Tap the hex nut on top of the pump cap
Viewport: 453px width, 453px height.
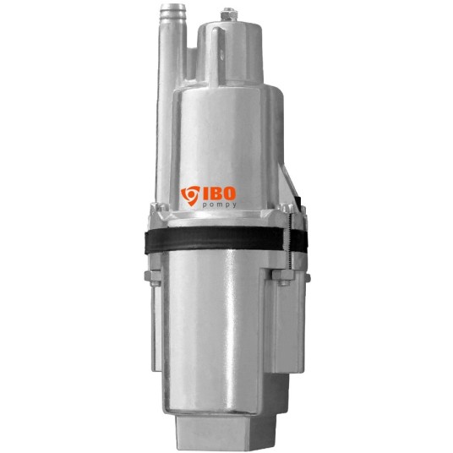[x=229, y=14]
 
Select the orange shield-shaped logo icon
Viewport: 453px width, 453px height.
[x=190, y=195]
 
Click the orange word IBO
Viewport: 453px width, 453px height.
[x=219, y=194]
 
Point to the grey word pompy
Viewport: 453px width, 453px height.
[x=219, y=205]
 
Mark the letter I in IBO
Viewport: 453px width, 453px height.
[x=205, y=194]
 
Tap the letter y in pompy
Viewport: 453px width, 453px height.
[x=234, y=205]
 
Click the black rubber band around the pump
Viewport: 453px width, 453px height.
[x=226, y=239]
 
